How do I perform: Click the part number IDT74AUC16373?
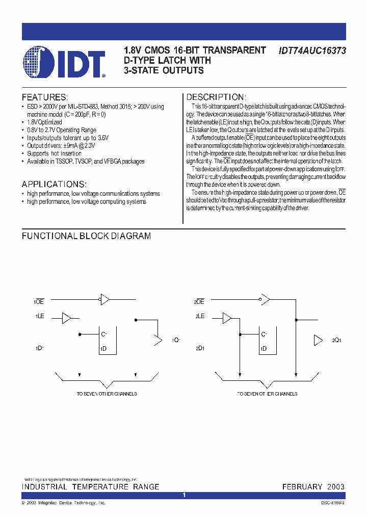(312, 50)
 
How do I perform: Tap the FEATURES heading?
(44, 97)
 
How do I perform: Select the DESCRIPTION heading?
(216, 97)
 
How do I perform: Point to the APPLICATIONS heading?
(54, 184)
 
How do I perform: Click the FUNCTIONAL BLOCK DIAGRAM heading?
(86, 236)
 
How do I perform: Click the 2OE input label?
(199, 302)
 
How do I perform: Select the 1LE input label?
(40, 317)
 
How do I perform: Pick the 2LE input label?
(199, 317)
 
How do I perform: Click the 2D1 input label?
(199, 349)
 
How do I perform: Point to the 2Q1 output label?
(336, 340)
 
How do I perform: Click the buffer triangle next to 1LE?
(67, 318)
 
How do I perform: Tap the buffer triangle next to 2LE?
(227, 318)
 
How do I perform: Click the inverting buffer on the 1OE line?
(105, 299)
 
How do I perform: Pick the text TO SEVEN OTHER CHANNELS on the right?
(267, 394)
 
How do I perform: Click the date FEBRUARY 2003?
(313, 487)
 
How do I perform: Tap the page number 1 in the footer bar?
(184, 495)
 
